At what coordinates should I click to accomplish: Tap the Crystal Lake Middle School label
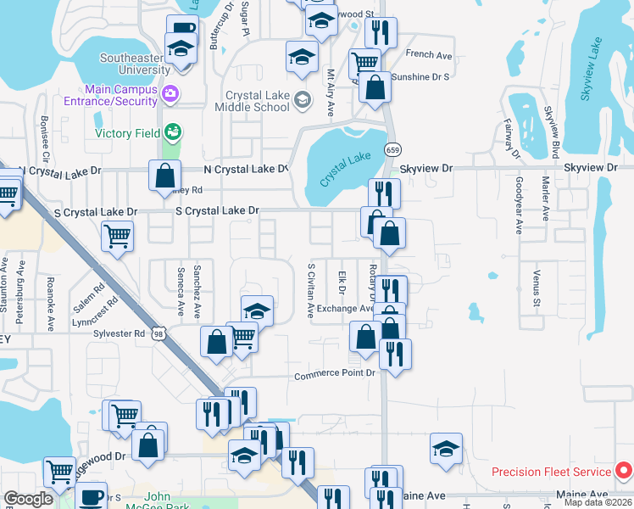click(258, 102)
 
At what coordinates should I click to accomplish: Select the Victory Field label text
click(128, 133)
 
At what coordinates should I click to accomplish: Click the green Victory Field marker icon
click(173, 131)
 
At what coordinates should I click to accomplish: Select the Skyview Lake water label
click(592, 70)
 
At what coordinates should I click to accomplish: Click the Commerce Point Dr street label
click(334, 375)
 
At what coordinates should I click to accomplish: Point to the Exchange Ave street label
click(344, 309)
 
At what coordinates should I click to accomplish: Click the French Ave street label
click(429, 54)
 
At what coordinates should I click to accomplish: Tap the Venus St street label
click(537, 288)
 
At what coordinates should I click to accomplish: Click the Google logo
click(28, 499)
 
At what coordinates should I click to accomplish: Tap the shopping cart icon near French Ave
click(364, 62)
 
